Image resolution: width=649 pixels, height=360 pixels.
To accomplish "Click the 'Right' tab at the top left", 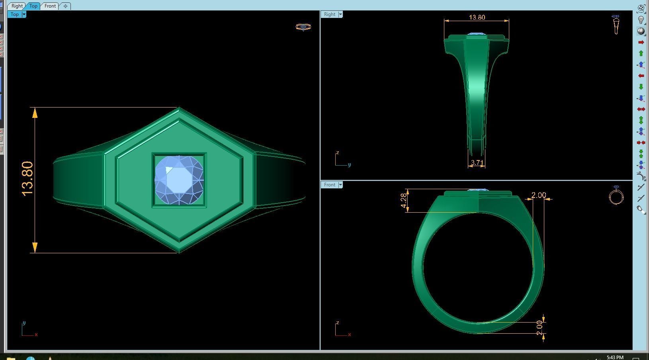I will [17, 6].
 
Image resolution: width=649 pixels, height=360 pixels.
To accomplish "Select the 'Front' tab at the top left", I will [50, 6].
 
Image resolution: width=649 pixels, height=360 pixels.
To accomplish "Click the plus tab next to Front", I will [65, 6].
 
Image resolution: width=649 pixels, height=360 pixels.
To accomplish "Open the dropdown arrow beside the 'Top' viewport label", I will [24, 14].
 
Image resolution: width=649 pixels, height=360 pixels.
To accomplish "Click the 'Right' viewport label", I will [329, 14].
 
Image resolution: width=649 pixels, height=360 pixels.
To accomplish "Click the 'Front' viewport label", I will [329, 185].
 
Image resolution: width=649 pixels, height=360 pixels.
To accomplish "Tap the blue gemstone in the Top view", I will [179, 180].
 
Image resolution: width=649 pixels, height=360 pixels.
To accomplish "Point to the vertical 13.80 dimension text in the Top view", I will [27, 179].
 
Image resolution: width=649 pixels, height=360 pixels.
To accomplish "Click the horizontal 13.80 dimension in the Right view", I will [477, 17].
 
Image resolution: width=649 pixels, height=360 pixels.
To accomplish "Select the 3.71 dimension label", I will [477, 163].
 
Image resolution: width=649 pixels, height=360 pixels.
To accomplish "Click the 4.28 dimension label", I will [404, 200].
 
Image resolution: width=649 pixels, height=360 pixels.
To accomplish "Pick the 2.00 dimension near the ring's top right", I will [538, 195].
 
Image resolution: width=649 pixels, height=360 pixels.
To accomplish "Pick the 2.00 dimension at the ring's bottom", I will [540, 327].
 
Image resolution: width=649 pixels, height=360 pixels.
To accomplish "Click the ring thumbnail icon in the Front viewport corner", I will [616, 196].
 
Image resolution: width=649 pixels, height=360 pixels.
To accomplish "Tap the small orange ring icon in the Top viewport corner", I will [303, 27].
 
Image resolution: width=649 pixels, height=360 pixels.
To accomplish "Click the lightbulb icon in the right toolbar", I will [641, 20].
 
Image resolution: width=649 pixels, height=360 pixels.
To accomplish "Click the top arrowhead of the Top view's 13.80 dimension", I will [35, 113].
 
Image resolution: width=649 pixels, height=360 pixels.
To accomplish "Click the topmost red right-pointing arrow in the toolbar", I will [641, 42].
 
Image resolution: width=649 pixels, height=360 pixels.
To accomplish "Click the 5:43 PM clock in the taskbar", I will [615, 357].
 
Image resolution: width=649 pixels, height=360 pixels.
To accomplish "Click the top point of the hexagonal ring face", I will [179, 108].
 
